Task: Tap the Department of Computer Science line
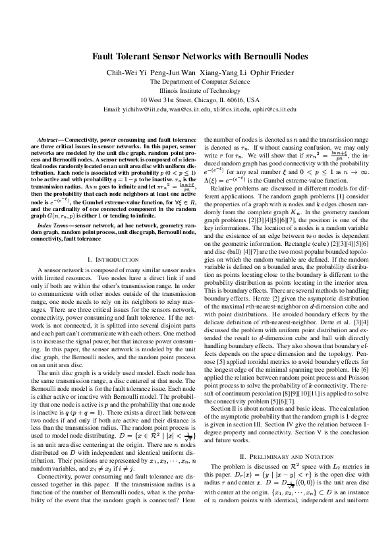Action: [x=195, y=82]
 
